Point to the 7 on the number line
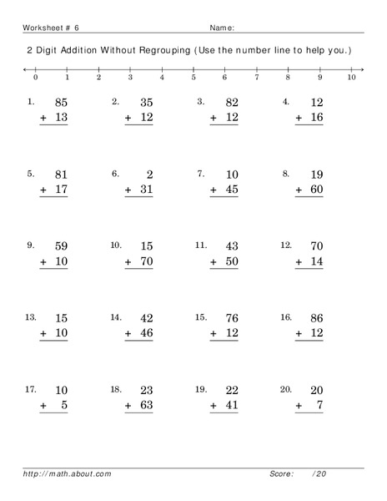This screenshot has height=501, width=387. click(257, 77)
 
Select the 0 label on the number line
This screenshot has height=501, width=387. click(35, 77)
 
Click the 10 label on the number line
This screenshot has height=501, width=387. click(351, 77)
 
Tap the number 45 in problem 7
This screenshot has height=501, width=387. click(230, 190)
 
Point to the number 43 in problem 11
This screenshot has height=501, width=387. click(230, 246)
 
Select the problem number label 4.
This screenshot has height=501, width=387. click(285, 102)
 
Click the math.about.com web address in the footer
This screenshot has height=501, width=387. click(67, 473)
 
